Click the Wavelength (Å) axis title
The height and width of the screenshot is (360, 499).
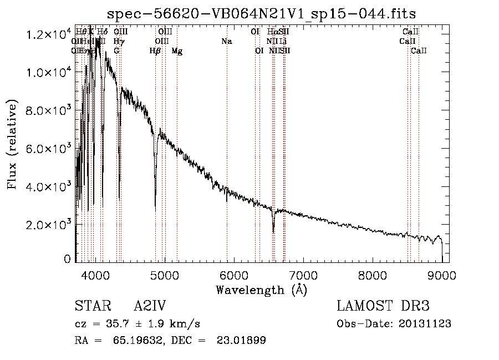point(261,290)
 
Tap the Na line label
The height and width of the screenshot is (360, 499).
point(226,41)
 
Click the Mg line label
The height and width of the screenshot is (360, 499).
point(177,51)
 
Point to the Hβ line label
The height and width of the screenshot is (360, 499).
point(155,51)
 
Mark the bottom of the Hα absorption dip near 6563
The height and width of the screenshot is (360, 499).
point(273,231)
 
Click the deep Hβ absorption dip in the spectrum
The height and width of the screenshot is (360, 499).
point(155,194)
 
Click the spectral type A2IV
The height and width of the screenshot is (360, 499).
point(150,306)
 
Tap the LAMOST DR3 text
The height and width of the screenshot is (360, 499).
point(383,306)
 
